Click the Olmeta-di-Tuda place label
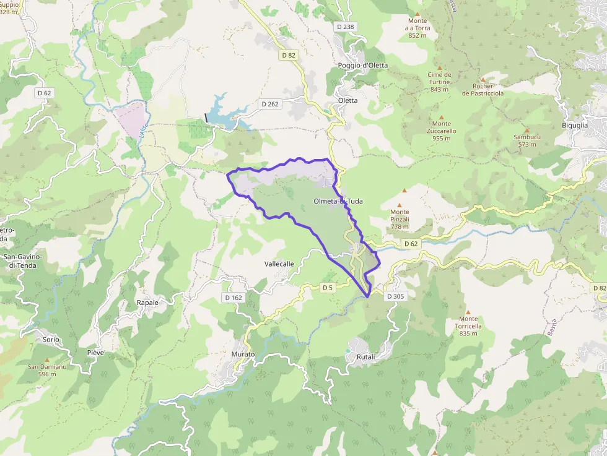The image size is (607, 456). pyautogui.click(x=338, y=201)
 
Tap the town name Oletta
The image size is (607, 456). pyautogui.click(x=347, y=100)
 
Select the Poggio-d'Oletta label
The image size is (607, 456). pyautogui.click(x=362, y=66)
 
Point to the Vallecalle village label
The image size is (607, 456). pyautogui.click(x=279, y=264)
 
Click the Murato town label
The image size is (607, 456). pyautogui.click(x=243, y=354)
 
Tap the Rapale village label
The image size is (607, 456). pyautogui.click(x=147, y=303)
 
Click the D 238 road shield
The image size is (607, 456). pyautogui.click(x=346, y=27)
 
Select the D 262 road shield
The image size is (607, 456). pyautogui.click(x=270, y=104)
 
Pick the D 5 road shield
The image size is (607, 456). pyautogui.click(x=328, y=288)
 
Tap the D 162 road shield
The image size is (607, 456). pyautogui.click(x=234, y=298)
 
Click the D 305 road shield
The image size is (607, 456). pyautogui.click(x=395, y=296)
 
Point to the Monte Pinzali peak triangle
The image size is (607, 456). pyautogui.click(x=400, y=205)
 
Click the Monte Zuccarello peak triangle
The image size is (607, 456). pyautogui.click(x=442, y=116)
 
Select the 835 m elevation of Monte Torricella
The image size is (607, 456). pyautogui.click(x=468, y=333)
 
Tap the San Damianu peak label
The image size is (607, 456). pyautogui.click(x=46, y=366)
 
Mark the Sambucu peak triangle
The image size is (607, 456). pyautogui.click(x=526, y=130)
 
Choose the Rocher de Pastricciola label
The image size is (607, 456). pyautogui.click(x=483, y=90)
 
